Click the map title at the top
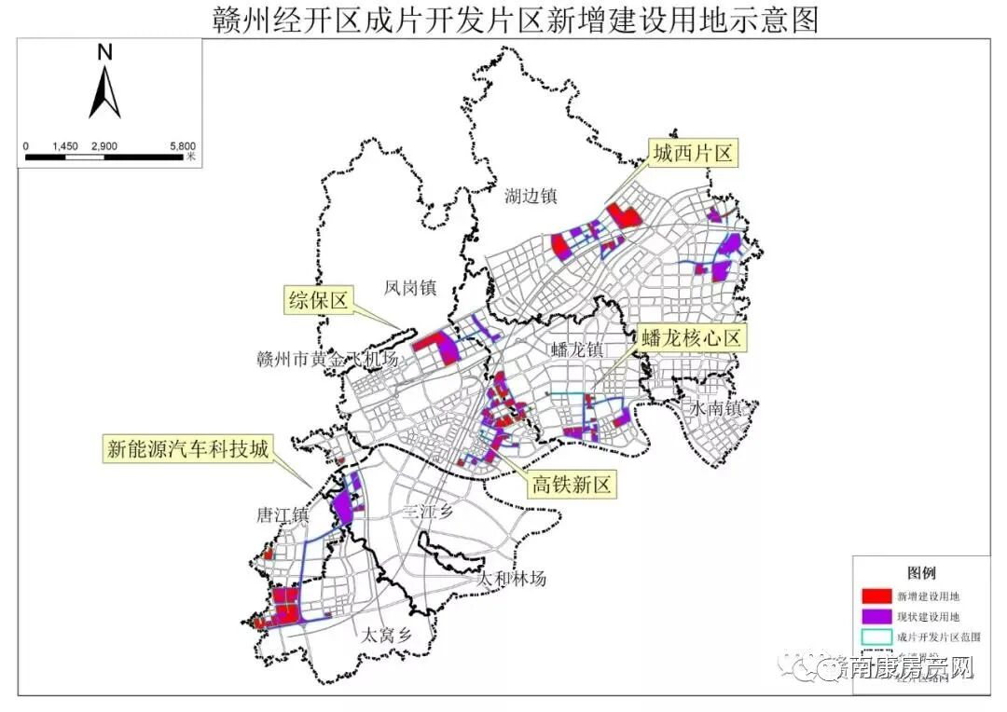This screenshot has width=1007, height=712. click(x=504, y=18)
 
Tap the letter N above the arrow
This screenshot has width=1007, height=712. click(x=104, y=53)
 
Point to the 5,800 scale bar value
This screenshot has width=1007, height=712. click(x=183, y=146)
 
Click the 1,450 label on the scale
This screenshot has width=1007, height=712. click(x=65, y=146)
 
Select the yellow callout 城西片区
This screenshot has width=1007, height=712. click(x=693, y=154)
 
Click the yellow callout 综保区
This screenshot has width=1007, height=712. click(x=318, y=300)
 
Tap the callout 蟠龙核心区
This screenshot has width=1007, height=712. click(x=691, y=337)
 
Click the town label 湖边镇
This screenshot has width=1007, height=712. click(x=531, y=196)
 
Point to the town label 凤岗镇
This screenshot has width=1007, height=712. click(x=410, y=288)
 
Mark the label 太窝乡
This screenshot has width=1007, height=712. click(x=386, y=636)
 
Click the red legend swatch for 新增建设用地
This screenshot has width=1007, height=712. click(x=875, y=595)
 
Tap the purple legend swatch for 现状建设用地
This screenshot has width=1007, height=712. click(x=875, y=616)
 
